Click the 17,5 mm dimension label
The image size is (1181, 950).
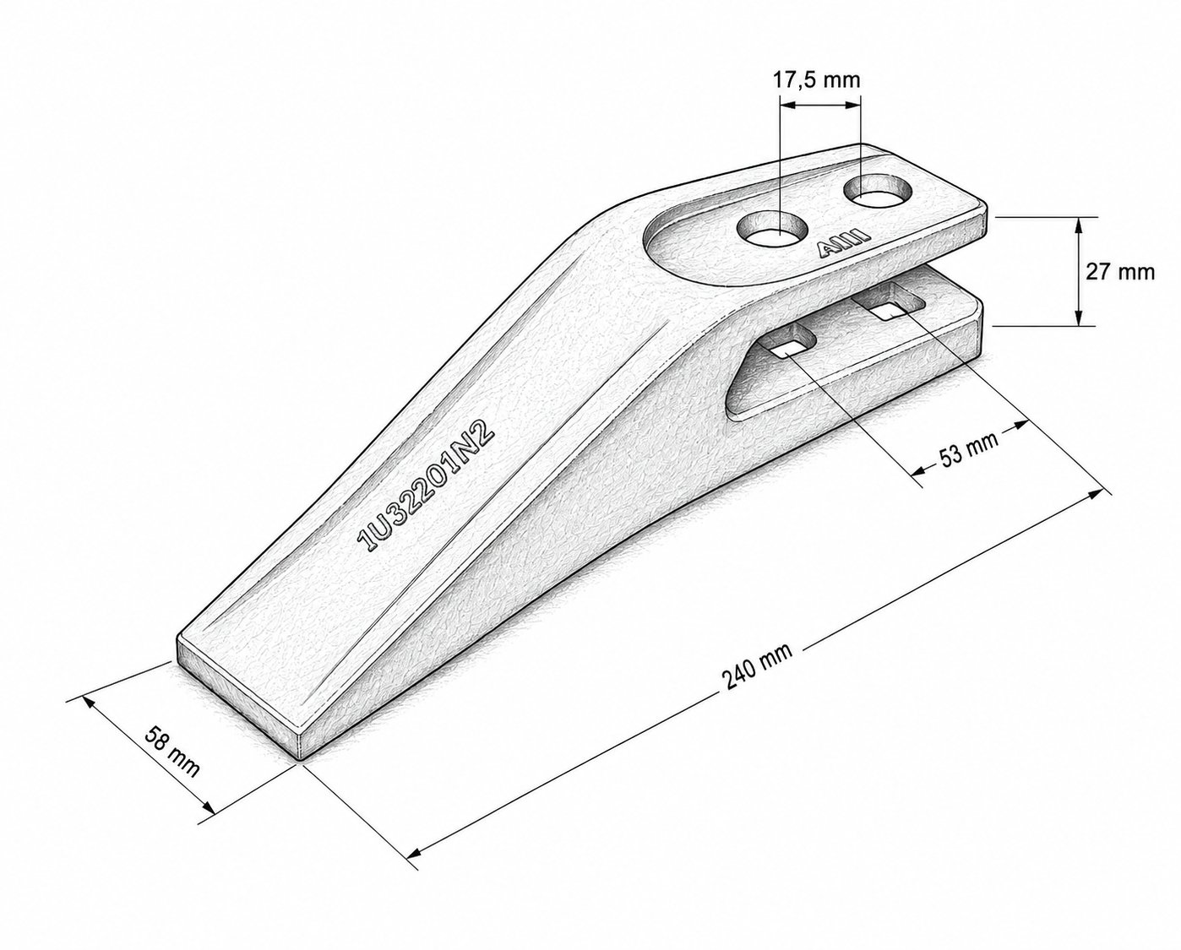[x=817, y=80]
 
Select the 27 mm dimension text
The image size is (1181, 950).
[x=1120, y=272]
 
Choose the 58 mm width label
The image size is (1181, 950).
[x=171, y=752]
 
